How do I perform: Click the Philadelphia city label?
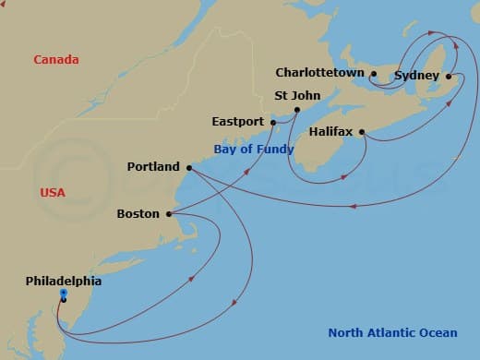64,281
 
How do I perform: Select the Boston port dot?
169,214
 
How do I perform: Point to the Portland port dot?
188,168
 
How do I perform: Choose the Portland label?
153,167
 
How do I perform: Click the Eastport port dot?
273,122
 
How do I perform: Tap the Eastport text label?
237,121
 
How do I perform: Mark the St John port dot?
296,110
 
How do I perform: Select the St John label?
295,94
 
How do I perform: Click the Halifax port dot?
362,131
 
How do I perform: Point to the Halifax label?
332,131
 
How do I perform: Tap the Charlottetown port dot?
374,73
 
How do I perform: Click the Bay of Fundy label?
254,149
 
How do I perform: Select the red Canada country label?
56,60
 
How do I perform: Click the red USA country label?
53,192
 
